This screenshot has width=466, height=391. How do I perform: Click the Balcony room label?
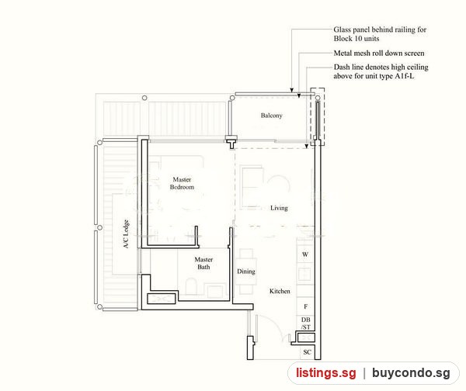pyautogui.click(x=271, y=116)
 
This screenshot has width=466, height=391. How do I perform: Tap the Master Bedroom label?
pyautogui.click(x=182, y=183)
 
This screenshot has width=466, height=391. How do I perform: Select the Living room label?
pyautogui.click(x=279, y=208)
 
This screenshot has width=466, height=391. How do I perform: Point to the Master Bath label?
pyautogui.click(x=203, y=263)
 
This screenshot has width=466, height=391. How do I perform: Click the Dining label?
pyautogui.click(x=245, y=272)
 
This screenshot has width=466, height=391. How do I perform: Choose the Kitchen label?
pyautogui.click(x=280, y=291)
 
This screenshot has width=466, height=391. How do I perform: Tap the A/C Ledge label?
pyautogui.click(x=127, y=234)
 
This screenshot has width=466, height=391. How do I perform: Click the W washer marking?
pyautogui.click(x=305, y=254)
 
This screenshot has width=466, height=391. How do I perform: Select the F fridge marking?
pyautogui.click(x=305, y=306)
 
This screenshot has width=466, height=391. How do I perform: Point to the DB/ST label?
pyautogui.click(x=305, y=324)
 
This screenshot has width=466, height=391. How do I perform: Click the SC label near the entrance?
pyautogui.click(x=307, y=352)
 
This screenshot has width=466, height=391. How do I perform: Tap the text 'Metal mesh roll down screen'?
pyautogui.click(x=379, y=54)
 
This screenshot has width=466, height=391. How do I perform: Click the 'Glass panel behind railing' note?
pyautogui.click(x=380, y=34)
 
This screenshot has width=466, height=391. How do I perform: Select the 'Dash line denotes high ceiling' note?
pyautogui.click(x=381, y=71)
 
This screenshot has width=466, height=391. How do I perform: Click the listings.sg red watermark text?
pyautogui.click(x=325, y=373)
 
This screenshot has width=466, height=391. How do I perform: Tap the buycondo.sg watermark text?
pyautogui.click(x=411, y=373)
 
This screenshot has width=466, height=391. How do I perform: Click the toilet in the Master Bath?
pyautogui.click(x=192, y=286)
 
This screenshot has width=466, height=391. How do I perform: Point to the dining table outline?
pyautogui.click(x=246, y=272)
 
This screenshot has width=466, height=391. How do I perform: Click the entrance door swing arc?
pyautogui.click(x=272, y=323)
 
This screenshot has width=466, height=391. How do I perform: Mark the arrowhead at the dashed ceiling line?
pyautogui.click(x=307, y=147)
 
